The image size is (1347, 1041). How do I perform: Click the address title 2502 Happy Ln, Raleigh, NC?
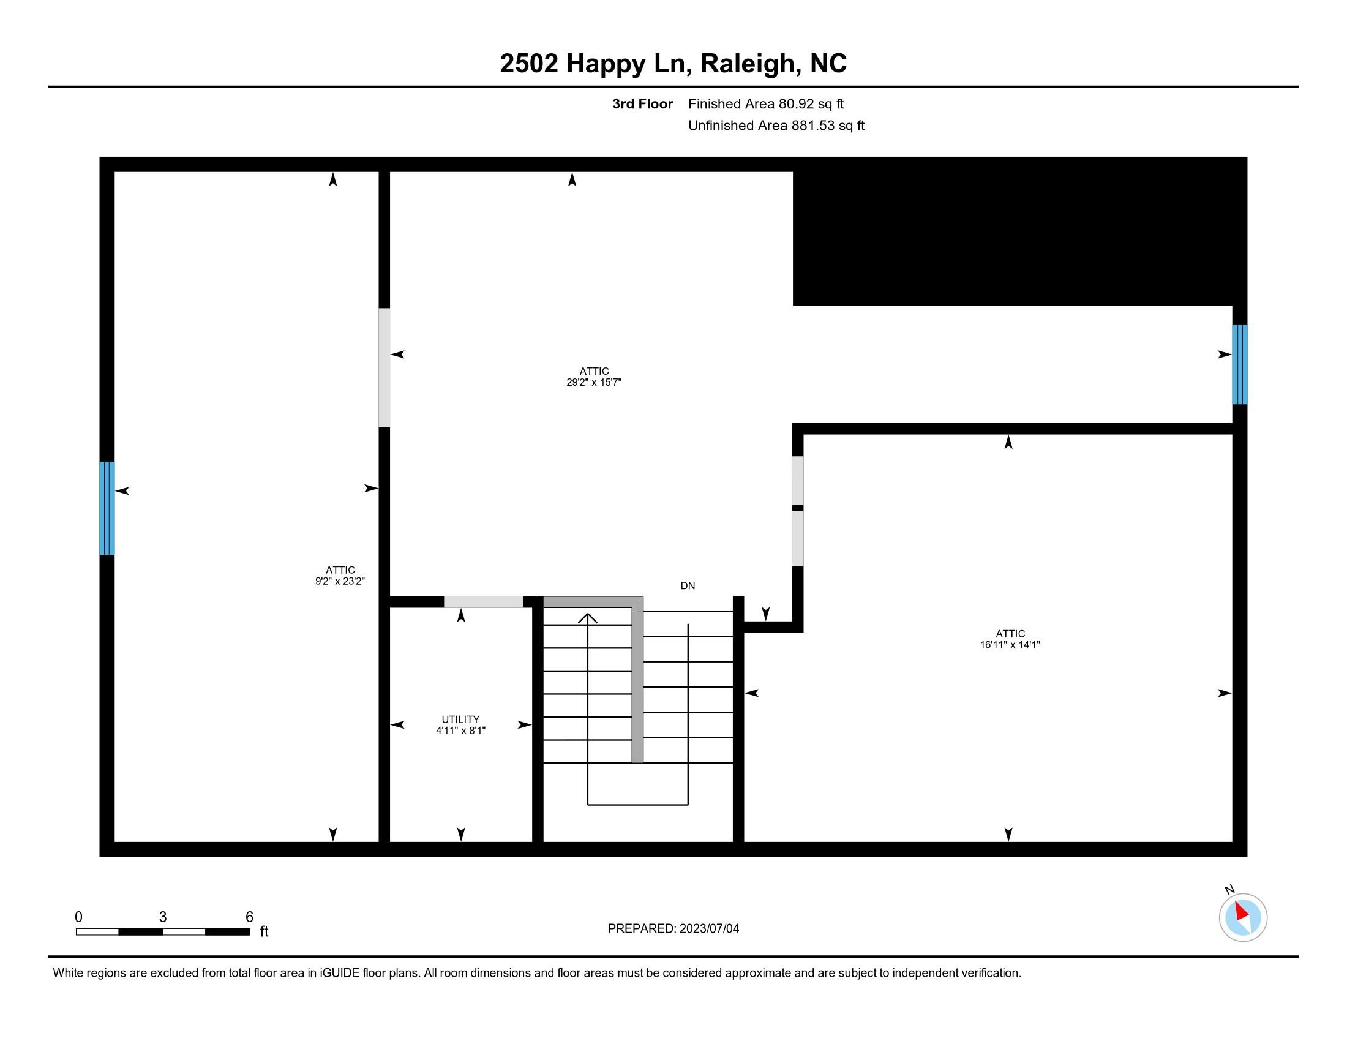point(673,64)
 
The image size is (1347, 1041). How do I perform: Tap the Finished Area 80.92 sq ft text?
point(766,104)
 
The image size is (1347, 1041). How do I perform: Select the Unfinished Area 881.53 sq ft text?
point(776,126)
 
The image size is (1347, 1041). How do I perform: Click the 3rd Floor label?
point(642,104)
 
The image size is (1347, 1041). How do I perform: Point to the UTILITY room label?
point(460,720)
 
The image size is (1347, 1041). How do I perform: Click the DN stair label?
point(688,586)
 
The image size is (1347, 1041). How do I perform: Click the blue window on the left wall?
point(107,508)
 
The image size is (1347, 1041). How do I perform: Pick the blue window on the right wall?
point(1240,364)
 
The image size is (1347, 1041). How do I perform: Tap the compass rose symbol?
point(1243,917)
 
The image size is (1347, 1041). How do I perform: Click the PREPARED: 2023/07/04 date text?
point(673,929)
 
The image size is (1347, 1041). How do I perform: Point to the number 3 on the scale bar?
point(163,917)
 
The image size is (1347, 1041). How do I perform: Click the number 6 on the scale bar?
point(249,917)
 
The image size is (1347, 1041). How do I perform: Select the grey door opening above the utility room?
point(484,602)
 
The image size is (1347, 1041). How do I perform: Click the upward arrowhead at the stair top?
point(588,618)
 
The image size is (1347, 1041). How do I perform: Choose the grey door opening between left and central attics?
point(385,367)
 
